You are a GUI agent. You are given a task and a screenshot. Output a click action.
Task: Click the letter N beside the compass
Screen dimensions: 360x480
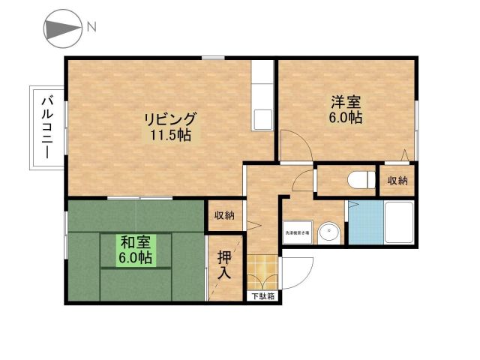(91, 28)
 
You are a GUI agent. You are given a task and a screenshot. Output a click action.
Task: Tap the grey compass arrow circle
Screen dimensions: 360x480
(60, 28)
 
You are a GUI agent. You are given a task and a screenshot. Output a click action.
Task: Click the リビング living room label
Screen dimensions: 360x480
(170, 119)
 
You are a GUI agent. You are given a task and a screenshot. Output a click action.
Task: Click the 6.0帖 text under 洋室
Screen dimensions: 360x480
(346, 118)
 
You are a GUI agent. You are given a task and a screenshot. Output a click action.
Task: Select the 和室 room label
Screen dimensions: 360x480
(136, 242)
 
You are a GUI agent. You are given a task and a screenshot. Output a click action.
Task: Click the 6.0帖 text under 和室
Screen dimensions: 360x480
(136, 258)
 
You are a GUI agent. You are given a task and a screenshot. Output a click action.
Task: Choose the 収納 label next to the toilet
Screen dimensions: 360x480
(398, 181)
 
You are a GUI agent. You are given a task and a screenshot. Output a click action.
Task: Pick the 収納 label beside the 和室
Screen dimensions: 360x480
(224, 216)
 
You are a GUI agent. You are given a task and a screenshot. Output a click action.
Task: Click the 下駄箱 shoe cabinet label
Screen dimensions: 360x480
(262, 296)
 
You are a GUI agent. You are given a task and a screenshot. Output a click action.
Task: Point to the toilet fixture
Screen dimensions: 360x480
(361, 179)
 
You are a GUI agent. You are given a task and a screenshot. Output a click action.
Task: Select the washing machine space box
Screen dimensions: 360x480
(297, 232)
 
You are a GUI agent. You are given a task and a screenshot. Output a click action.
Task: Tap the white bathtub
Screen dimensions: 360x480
(397, 223)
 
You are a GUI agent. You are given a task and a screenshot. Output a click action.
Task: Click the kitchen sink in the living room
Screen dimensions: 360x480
(263, 119)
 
